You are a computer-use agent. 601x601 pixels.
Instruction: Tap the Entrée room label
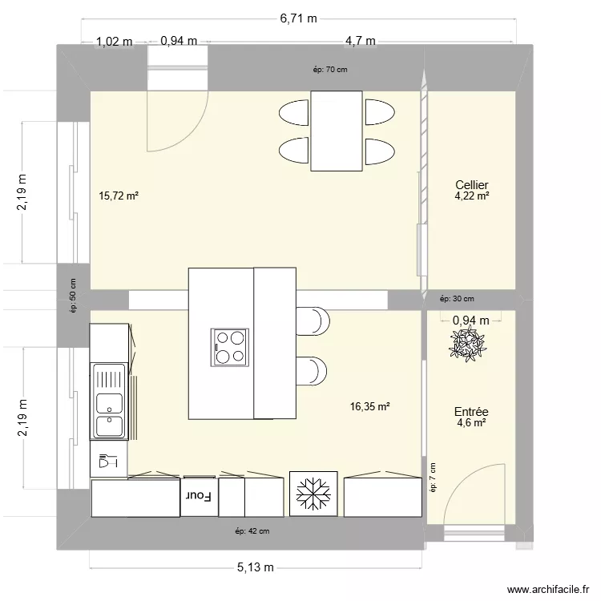[471, 411]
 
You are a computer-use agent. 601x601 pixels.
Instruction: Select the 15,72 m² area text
[119, 195]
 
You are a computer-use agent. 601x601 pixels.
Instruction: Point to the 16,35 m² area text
[369, 406]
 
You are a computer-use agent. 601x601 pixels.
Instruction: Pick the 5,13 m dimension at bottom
[255, 567]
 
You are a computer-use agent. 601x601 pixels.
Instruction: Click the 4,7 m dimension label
[361, 42]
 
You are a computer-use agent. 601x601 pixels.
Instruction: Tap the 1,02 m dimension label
[114, 42]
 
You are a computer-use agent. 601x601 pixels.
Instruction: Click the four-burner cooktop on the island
[231, 346]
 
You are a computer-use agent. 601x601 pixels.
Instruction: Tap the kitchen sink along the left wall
[108, 401]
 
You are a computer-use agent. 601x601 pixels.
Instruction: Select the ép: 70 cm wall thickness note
[330, 69]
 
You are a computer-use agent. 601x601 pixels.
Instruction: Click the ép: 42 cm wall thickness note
[252, 530]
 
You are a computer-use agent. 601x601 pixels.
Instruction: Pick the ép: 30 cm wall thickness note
[457, 299]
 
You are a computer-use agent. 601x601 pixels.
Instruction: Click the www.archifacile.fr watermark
[548, 587]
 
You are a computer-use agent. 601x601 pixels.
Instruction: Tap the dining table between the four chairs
[336, 131]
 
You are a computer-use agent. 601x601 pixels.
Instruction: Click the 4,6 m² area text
[471, 422]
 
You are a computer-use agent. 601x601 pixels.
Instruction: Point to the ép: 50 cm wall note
[73, 294]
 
